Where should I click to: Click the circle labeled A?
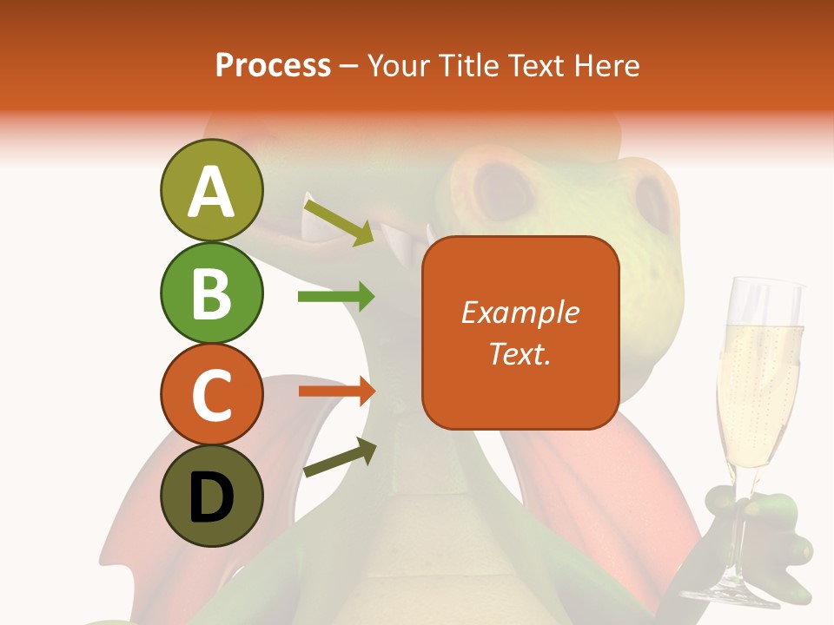click(211, 191)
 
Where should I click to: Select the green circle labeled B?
click(211, 293)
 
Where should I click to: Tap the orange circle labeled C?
click(211, 394)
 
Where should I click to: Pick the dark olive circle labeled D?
click(211, 496)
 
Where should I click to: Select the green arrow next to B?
click(335, 297)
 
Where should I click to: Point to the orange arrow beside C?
click(336, 391)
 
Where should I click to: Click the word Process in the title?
click(273, 65)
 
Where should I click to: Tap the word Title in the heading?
click(469, 65)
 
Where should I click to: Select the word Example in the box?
click(520, 312)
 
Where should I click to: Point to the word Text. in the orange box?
click(520, 353)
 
